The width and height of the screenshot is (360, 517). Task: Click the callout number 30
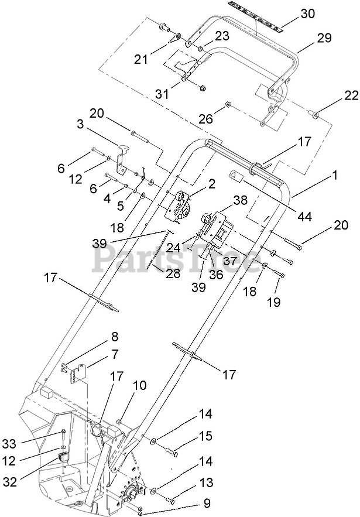point(307,14)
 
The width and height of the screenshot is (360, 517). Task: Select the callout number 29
point(324,38)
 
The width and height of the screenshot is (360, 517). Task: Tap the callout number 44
point(304,217)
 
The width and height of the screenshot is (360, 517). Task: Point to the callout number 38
point(240,200)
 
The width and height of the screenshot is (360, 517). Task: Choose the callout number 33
point(9,444)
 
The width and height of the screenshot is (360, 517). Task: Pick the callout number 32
point(9,482)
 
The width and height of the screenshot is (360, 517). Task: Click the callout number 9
point(207,503)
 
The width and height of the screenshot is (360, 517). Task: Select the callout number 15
point(205,436)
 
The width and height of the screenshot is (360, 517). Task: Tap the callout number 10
point(139,385)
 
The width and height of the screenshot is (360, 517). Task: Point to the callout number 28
point(173,273)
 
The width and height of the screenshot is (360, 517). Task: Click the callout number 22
point(351,95)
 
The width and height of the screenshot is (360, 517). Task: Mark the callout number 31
point(162,94)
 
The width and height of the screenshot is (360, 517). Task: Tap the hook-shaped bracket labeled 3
point(122,158)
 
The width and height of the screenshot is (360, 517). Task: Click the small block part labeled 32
point(63,457)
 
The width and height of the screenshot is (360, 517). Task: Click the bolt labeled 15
point(172,451)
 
